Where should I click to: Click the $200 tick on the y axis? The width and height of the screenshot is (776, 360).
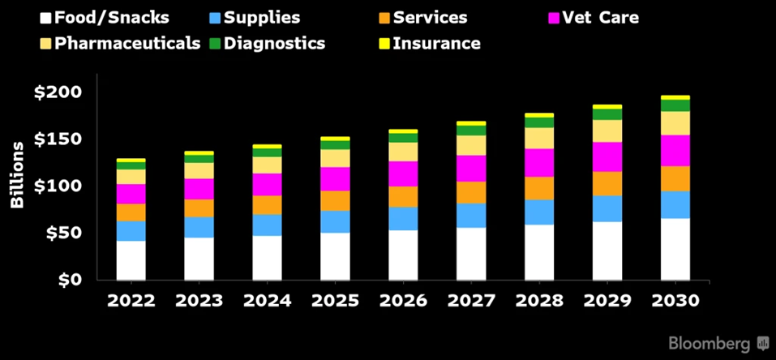coord(58,92)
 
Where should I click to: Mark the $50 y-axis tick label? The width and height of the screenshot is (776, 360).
coord(62,234)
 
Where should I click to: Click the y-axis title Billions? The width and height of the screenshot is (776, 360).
coord(16,174)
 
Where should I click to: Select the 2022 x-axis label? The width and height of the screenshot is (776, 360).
coord(131,301)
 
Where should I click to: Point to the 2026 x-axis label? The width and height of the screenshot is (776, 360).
coord(403,301)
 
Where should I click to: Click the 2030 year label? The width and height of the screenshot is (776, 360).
coord(675,301)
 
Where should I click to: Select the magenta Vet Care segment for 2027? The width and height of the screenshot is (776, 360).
coord(471,168)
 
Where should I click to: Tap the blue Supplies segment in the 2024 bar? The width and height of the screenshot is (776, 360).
coord(267,225)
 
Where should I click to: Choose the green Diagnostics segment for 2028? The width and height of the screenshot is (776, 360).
coord(539,122)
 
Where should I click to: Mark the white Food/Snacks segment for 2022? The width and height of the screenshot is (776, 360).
coord(131,259)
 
